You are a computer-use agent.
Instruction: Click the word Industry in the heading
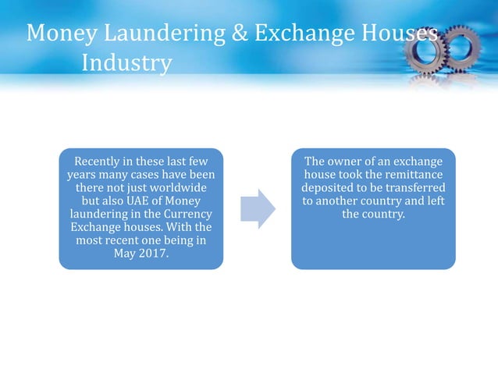pyautogui.click(x=126, y=62)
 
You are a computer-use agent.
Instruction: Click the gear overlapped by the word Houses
pyautogui.click(x=425, y=49)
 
